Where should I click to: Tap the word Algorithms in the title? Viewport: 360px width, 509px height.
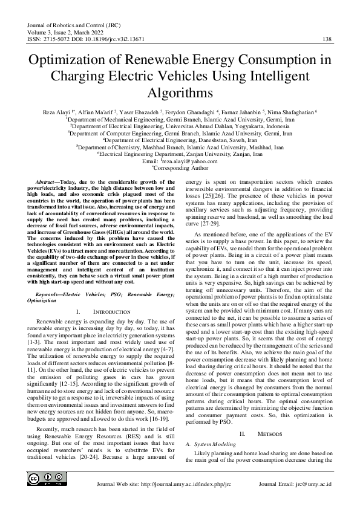[180, 94]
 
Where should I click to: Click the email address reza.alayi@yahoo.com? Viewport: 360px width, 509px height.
[190, 162]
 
